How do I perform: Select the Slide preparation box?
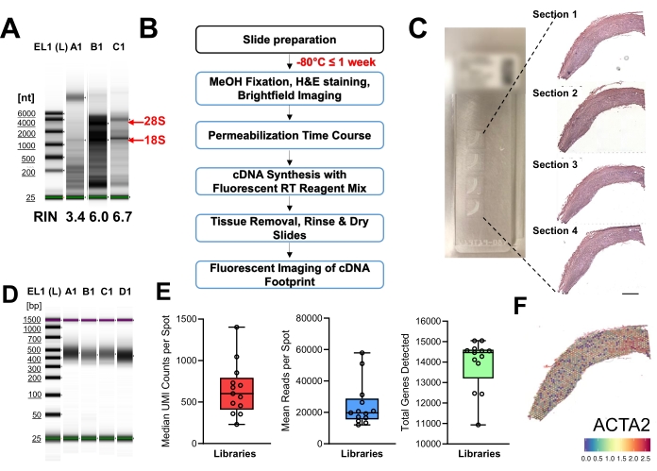tap(290, 40)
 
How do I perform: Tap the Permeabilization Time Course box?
tap(290, 137)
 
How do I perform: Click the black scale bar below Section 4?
tap(631, 294)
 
